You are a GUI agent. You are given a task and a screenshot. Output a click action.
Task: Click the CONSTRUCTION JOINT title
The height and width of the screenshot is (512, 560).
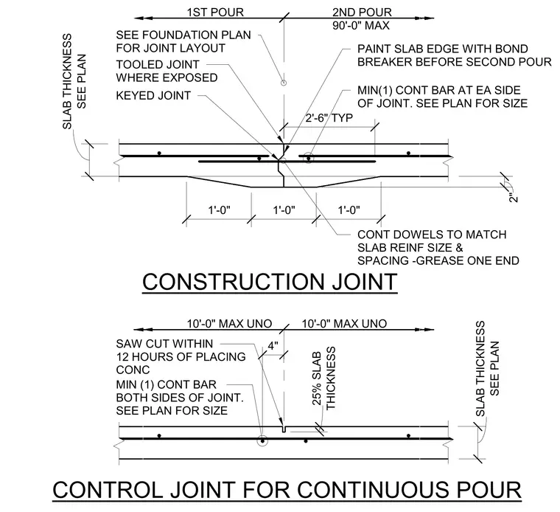[270, 281]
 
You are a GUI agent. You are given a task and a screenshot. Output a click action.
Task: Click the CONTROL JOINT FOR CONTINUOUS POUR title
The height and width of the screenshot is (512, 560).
[287, 489]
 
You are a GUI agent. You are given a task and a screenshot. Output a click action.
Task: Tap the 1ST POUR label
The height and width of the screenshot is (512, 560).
[215, 12]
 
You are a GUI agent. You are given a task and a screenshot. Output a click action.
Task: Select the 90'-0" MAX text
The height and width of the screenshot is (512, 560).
[361, 26]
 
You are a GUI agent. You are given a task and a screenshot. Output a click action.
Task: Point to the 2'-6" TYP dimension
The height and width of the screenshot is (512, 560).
[329, 117]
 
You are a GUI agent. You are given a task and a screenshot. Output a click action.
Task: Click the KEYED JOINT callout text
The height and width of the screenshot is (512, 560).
[153, 95]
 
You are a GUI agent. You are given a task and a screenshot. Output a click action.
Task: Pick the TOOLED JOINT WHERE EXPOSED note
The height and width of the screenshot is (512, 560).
[167, 71]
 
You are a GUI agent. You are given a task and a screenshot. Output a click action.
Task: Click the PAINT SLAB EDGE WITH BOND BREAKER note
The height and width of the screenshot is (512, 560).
[455, 55]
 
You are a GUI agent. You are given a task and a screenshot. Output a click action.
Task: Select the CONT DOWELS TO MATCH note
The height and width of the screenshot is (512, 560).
[438, 247]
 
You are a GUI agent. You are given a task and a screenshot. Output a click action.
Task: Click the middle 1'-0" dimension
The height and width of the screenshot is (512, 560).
[284, 210]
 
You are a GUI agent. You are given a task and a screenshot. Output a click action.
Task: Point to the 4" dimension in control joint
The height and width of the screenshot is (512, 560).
[273, 346]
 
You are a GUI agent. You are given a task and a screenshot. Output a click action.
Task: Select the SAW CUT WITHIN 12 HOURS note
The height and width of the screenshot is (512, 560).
[181, 356]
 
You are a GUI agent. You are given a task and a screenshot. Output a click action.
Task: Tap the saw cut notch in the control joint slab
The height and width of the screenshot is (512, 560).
[284, 429]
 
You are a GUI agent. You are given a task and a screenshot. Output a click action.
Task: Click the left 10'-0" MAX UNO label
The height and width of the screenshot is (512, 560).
[230, 324]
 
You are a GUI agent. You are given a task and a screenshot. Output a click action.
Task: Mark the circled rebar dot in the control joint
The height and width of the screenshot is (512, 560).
[262, 441]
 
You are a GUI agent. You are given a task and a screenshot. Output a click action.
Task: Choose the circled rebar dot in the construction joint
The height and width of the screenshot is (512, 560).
[308, 158]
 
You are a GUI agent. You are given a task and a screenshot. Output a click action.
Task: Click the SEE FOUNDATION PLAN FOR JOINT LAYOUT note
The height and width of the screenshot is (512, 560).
[183, 41]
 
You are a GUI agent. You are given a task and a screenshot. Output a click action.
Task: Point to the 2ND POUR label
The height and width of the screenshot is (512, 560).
[362, 12]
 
